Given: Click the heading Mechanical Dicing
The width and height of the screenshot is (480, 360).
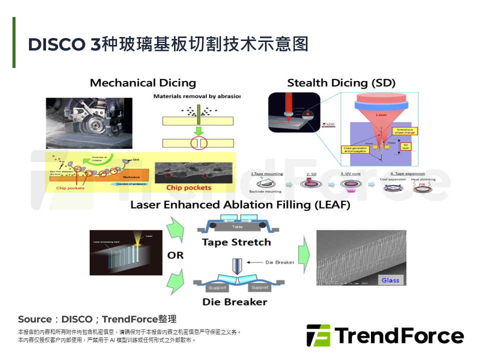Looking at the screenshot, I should click(x=142, y=83).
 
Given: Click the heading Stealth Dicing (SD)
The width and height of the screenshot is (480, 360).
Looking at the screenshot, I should click(x=341, y=83).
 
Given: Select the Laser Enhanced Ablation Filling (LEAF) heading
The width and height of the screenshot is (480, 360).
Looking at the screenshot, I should click(x=240, y=205).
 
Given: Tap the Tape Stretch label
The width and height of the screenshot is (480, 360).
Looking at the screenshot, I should click(x=236, y=242).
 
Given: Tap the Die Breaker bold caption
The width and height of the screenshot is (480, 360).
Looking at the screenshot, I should click(x=234, y=301).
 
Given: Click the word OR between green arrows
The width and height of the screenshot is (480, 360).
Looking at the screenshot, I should click(x=175, y=255).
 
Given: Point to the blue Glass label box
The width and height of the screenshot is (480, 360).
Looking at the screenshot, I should click(x=390, y=280).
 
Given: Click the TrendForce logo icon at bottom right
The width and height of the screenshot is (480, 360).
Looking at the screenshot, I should click(x=318, y=335).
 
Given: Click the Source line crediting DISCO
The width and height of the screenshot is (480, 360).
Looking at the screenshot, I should click(x=97, y=319).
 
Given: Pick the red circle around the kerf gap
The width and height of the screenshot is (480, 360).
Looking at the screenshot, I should click(x=198, y=143).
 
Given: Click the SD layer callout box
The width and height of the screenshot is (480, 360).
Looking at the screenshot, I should click(x=405, y=145).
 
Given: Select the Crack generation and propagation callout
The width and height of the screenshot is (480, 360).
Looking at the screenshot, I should click(x=356, y=149).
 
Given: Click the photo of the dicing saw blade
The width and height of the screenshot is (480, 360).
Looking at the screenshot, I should click(x=89, y=122).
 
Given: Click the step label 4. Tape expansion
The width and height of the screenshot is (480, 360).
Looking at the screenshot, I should click(x=407, y=174).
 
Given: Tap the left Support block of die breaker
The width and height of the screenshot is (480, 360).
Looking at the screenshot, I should click(x=217, y=287).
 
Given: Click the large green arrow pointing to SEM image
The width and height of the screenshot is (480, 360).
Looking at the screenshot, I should click(x=303, y=256).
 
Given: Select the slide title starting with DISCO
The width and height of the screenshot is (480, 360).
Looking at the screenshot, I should click(x=168, y=44).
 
